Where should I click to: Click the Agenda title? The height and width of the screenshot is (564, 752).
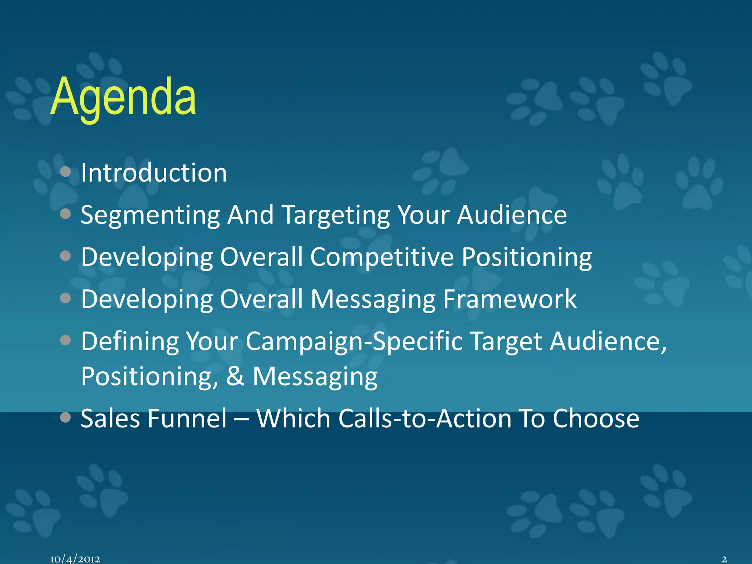(x=123, y=97)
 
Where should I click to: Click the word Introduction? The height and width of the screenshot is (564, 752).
(x=154, y=173)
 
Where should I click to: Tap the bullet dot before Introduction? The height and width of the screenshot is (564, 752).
(x=65, y=171)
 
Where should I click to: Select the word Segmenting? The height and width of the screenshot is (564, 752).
(x=150, y=215)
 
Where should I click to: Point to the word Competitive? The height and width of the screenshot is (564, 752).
(x=382, y=257)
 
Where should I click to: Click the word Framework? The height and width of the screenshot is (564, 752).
(x=510, y=299)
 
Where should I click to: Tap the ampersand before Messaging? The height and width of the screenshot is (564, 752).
(x=235, y=376)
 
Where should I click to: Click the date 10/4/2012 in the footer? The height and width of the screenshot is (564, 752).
(x=75, y=559)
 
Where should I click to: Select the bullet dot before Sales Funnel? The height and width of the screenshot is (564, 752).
(x=65, y=417)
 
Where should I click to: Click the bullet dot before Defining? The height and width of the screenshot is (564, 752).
(x=65, y=340)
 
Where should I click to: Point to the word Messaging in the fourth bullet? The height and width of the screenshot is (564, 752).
(x=373, y=299)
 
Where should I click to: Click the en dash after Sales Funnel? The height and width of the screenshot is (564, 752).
(x=241, y=419)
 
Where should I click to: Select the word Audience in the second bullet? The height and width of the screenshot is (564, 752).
(x=512, y=215)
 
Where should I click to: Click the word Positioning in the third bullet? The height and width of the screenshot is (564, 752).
(x=527, y=257)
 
